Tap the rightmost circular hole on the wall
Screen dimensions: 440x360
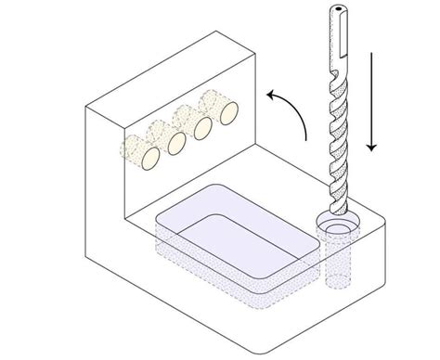(x=226, y=113)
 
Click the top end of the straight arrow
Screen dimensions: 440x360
(x=374, y=54)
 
